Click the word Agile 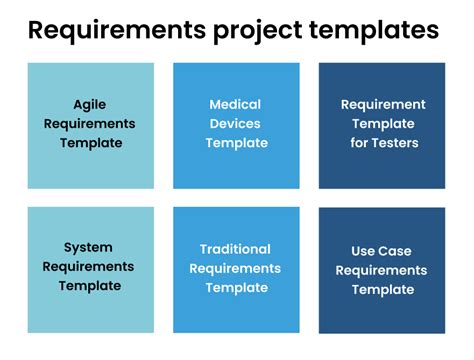tap(90, 104)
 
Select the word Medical tap(236, 104)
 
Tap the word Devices tap(236, 123)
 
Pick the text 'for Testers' tap(382, 142)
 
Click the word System tap(89, 247)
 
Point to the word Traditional tap(235, 248)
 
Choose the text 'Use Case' tap(381, 251)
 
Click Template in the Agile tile tap(90, 142)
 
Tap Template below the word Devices tap(236, 142)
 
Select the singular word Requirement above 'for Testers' tap(382, 104)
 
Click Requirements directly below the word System tap(90, 266)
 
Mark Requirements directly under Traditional tap(235, 267)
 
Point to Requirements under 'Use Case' tap(381, 270)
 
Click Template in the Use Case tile tap(381, 289)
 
